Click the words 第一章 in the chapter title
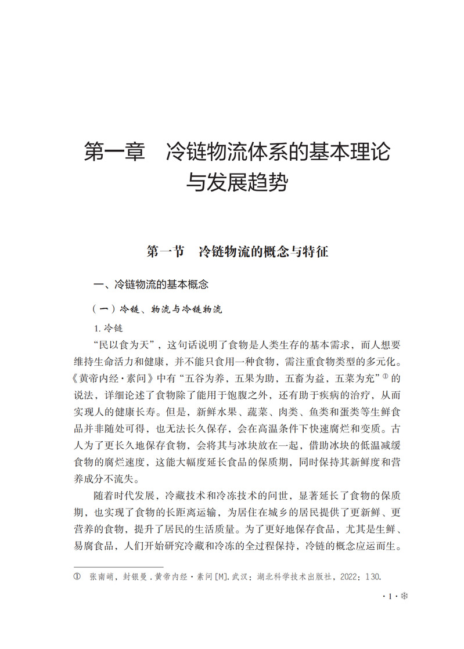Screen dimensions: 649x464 click(114, 152)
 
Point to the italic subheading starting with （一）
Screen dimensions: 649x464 click(157, 309)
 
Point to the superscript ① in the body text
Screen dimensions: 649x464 click(384, 377)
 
